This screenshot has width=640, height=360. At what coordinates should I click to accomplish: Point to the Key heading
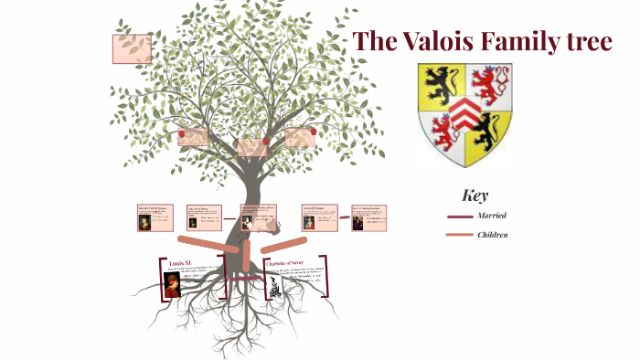(x=475, y=195)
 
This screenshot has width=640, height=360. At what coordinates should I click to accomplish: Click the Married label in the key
(x=491, y=216)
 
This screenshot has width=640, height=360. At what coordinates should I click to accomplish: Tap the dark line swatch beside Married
(x=459, y=217)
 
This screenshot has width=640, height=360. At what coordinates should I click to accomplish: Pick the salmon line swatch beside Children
(x=459, y=236)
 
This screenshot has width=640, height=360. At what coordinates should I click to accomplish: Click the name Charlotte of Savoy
(x=283, y=263)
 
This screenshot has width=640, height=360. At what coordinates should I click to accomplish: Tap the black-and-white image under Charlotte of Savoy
(x=273, y=286)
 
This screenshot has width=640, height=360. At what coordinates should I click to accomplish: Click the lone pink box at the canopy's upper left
(x=132, y=48)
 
